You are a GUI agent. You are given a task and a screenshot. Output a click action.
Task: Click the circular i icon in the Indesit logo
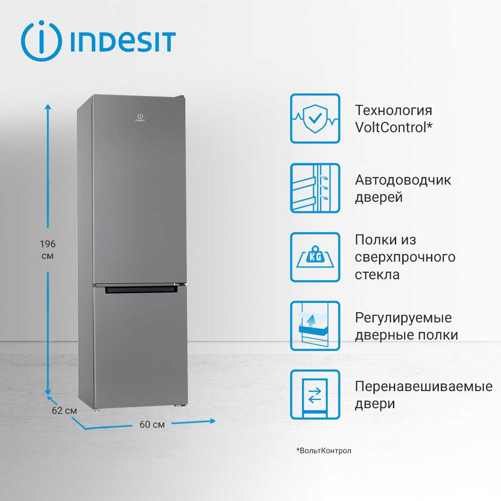click(x=42, y=41)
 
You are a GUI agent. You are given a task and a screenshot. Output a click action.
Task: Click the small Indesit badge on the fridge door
click(x=140, y=117)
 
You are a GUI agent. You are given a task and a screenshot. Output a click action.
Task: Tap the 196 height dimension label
click(x=48, y=244)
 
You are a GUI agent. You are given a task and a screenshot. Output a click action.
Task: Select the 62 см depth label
click(x=64, y=411)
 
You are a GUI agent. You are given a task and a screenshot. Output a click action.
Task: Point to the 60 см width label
click(x=152, y=424)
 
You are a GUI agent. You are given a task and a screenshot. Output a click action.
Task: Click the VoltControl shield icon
click(x=315, y=119)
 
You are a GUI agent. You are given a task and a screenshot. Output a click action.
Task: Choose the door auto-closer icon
click(x=315, y=188)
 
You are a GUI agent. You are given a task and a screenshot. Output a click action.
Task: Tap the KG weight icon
click(x=315, y=257)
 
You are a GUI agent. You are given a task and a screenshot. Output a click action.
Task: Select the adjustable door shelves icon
click(x=315, y=326)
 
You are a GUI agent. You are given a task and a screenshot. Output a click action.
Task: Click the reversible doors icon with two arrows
click(x=315, y=395)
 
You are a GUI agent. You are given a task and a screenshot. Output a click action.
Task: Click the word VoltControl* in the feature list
click(x=394, y=127)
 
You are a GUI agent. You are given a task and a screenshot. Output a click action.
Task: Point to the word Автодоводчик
click(x=403, y=180)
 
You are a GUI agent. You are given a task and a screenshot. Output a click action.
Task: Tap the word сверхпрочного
click(x=405, y=257)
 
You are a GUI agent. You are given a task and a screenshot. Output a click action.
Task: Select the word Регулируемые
click(x=403, y=318)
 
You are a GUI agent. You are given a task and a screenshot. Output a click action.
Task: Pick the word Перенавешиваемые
click(x=424, y=386)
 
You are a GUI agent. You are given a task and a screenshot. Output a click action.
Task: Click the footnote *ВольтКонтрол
click(x=324, y=450)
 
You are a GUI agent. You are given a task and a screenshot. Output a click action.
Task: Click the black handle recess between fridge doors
click(x=141, y=290)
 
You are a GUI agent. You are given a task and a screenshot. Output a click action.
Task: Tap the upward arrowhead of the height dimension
click(x=48, y=108)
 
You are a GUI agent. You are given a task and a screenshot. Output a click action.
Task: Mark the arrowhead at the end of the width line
click(x=212, y=421)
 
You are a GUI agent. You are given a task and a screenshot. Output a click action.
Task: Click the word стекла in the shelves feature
click(x=377, y=275)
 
